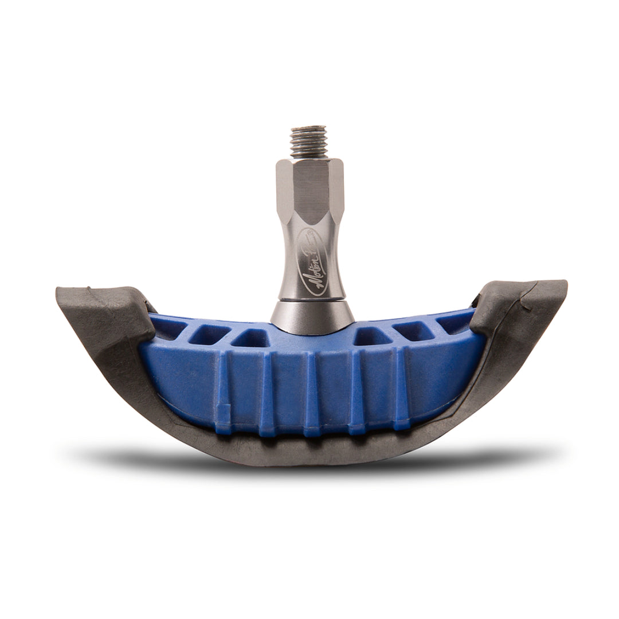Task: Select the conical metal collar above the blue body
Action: point(309,314)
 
